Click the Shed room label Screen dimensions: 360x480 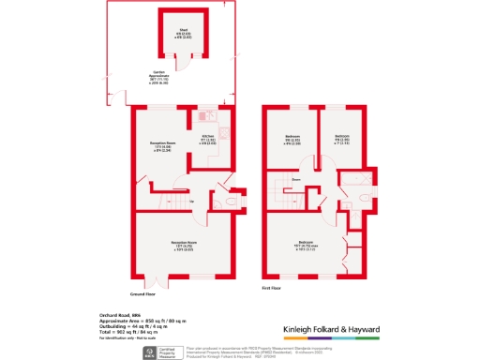[x=184, y=36]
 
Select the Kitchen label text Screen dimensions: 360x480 [x=206, y=141]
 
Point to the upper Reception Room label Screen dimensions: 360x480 [x=164, y=146]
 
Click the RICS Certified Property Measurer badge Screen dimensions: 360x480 [x=151, y=352]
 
